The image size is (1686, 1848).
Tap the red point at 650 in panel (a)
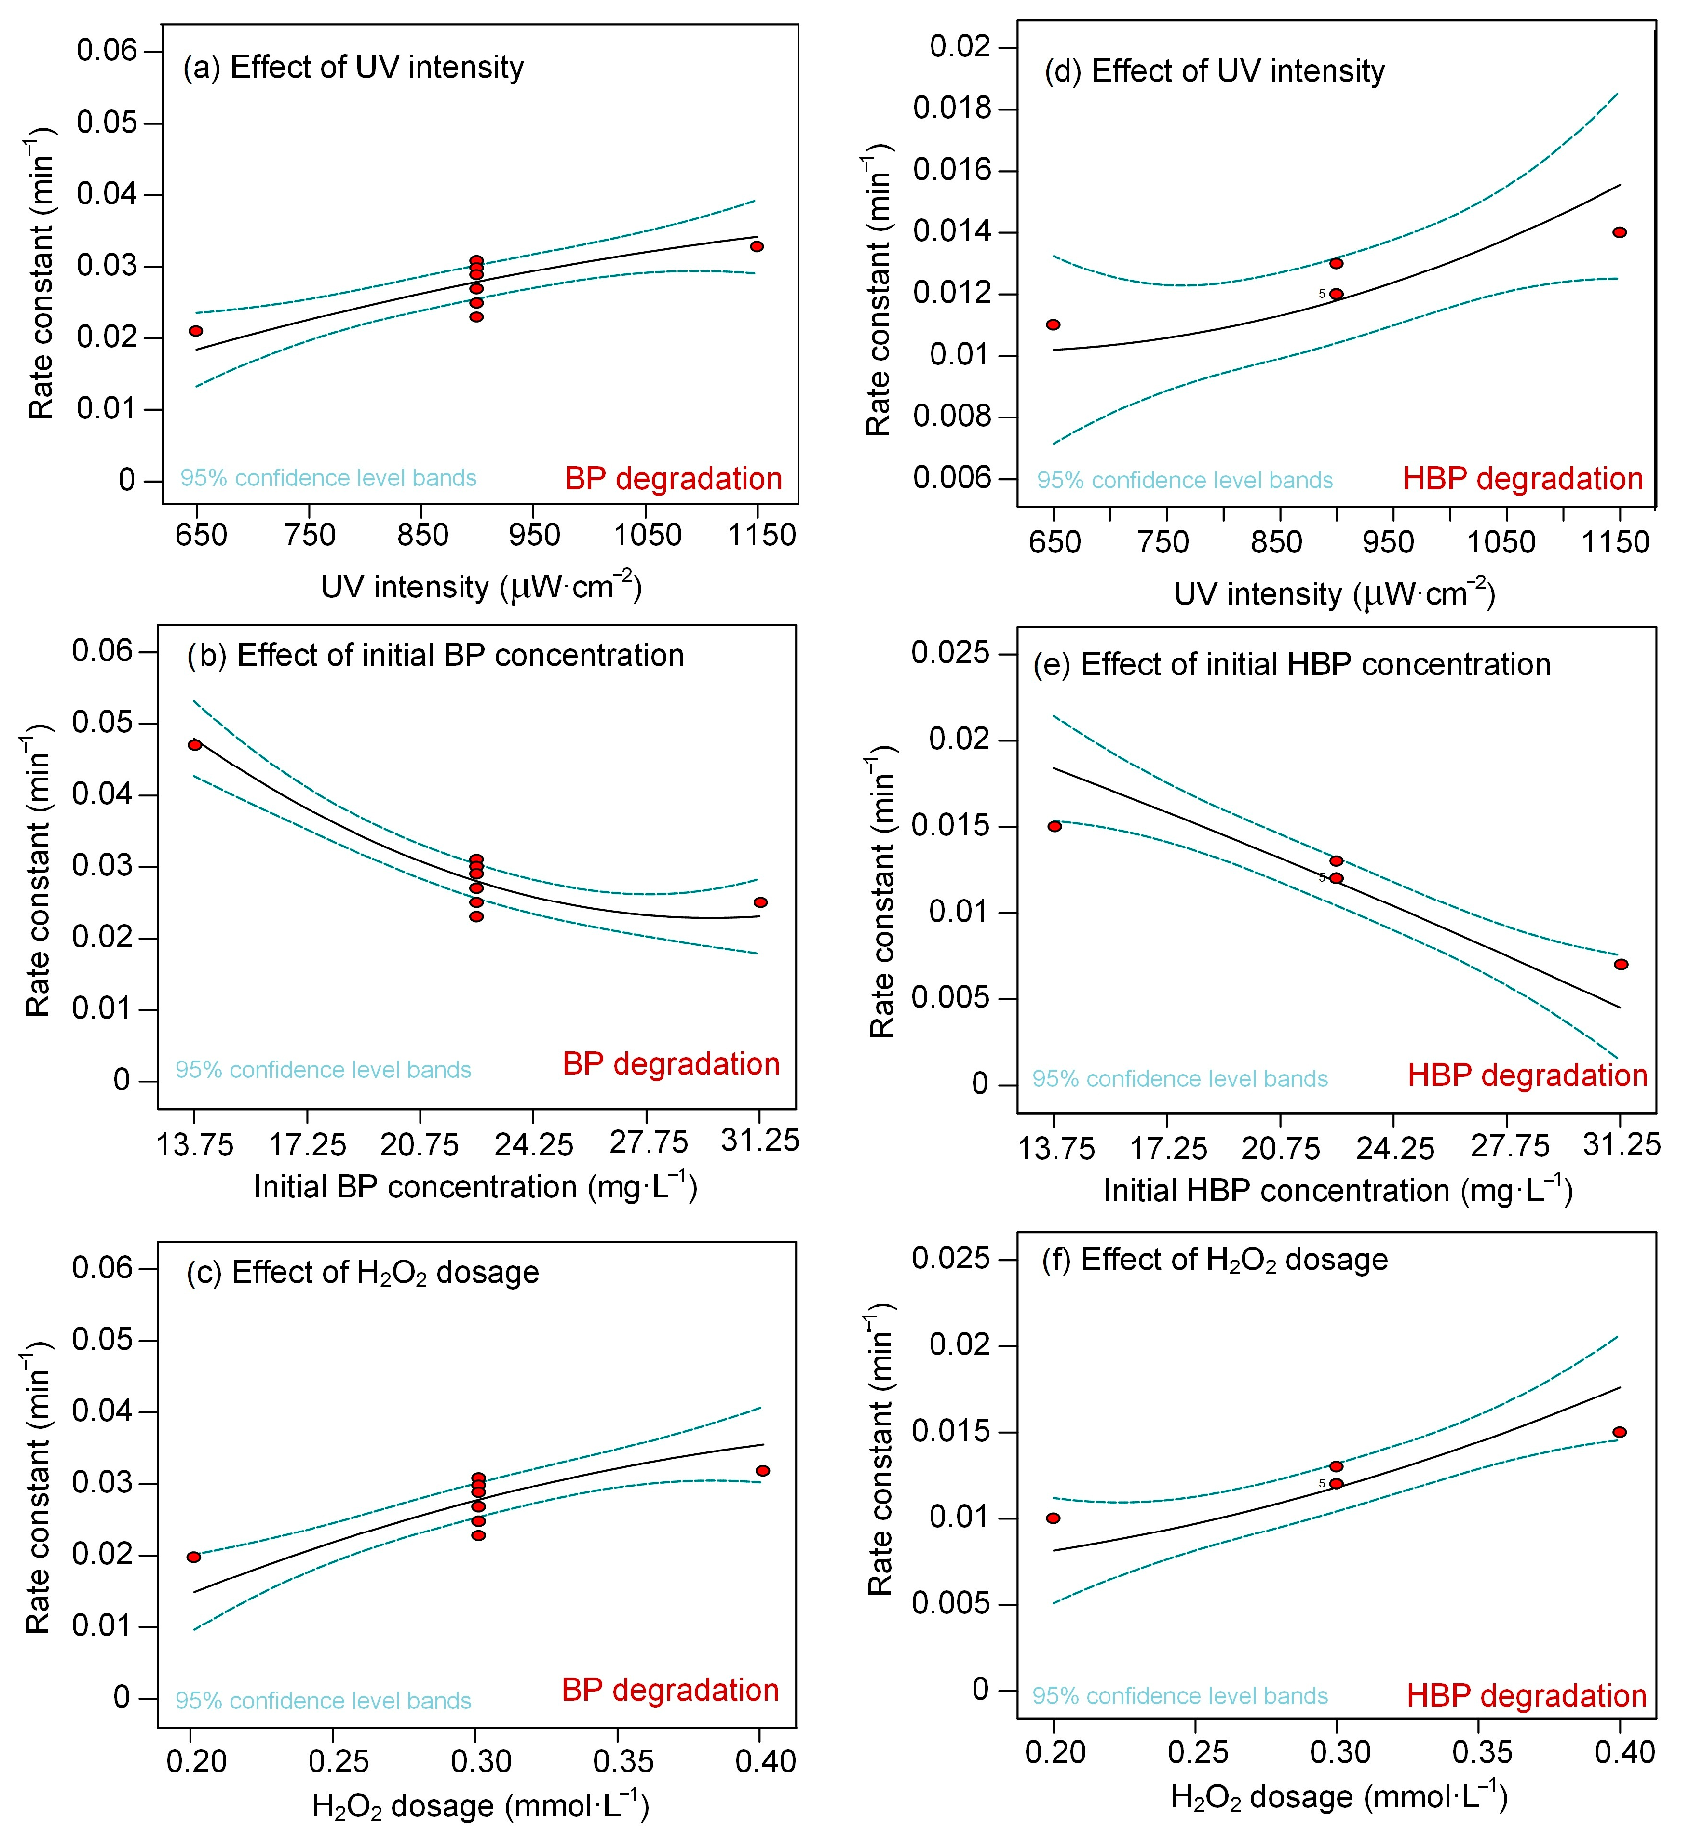196,331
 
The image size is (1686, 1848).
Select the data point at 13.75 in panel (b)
195,745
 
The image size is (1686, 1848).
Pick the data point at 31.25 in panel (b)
760,903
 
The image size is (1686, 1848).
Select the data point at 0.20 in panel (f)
1054,1518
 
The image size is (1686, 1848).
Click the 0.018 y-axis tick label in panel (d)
952,109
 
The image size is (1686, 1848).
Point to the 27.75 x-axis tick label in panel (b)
648,1144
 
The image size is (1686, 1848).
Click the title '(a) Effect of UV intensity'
354,68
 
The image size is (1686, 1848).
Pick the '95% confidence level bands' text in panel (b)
323,1070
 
